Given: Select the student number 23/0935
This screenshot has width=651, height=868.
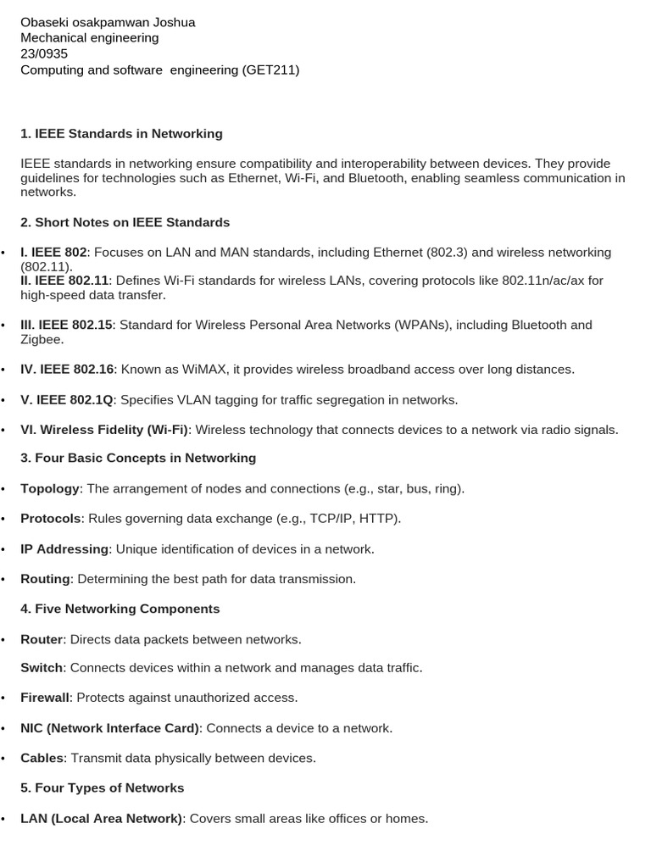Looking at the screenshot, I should point(44,53).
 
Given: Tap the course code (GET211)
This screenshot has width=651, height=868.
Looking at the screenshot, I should point(270,70).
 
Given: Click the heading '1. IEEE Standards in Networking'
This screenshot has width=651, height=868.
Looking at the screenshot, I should point(121,134).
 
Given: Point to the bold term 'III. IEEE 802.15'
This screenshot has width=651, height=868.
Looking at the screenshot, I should point(66,325).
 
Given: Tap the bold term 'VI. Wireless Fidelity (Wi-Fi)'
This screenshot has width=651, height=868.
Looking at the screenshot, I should point(104,430).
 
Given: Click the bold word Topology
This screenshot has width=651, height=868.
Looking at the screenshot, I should point(50,489).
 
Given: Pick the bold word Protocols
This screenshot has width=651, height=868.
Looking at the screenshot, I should point(50,519).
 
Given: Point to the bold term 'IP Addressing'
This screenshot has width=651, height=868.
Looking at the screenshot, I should point(64,549).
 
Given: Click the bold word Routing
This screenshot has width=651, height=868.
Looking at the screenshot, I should point(45,579).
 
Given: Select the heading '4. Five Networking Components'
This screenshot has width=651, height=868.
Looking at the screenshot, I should point(120,609).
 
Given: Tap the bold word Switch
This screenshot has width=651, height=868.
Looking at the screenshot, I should point(42,668).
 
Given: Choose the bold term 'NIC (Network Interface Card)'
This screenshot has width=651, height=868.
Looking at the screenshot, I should point(110,728).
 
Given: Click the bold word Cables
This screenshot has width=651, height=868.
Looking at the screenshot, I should point(42,758).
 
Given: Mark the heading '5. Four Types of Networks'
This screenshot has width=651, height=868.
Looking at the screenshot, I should point(102,788).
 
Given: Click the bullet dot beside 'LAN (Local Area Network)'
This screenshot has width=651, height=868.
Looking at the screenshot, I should point(3,820).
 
